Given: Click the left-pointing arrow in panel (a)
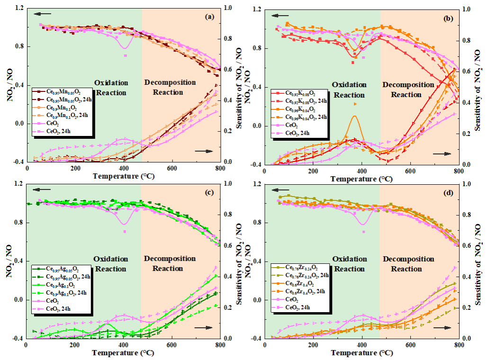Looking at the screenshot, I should (x=42, y=14).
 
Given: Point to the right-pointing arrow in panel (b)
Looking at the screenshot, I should (x=442, y=154).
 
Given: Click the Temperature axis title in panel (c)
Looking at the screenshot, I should (x=122, y=353).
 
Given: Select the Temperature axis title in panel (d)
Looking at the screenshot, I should (x=361, y=353).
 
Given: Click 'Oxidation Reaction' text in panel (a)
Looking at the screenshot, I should (x=110, y=88).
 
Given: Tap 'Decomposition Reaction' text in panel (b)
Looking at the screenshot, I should (x=408, y=90).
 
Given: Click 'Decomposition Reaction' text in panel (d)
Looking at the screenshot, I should (x=408, y=264).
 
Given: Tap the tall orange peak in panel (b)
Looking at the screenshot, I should (x=354, y=116).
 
